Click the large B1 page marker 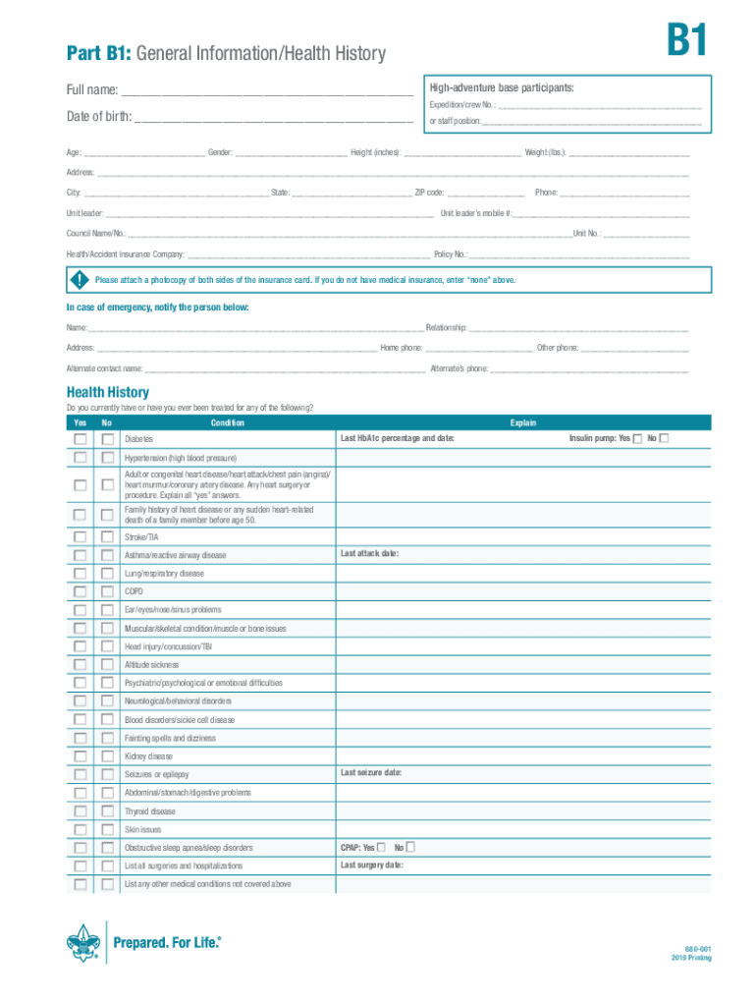[686, 44]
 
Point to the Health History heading [108, 392]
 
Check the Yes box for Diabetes [80, 438]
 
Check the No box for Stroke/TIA [107, 536]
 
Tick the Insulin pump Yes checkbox [637, 438]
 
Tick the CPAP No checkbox [410, 847]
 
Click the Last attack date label [369, 554]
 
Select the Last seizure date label [371, 773]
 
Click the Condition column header [227, 422]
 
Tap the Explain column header [522, 422]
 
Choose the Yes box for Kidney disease [80, 756]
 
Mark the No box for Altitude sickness [107, 665]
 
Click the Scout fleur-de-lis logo [84, 945]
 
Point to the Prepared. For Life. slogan [168, 942]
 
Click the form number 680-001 [698, 948]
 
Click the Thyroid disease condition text [150, 811]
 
